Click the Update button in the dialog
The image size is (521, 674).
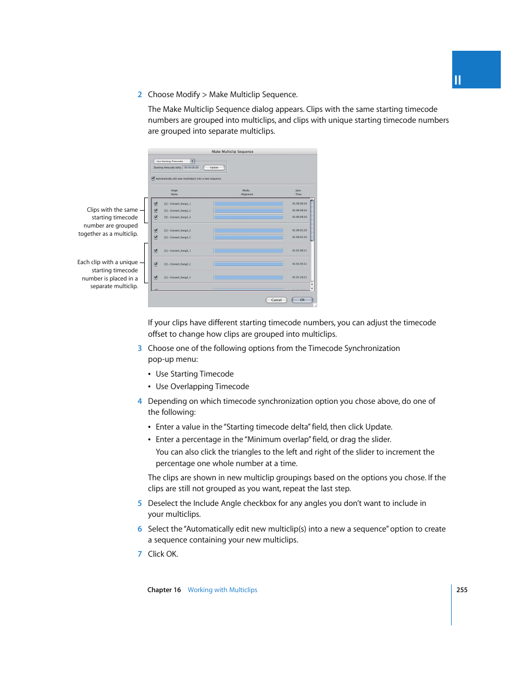pos(214,168)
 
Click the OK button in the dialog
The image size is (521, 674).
pos(302,300)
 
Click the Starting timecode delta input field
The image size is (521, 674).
pos(192,168)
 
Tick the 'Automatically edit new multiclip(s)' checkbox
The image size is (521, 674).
pos(153,178)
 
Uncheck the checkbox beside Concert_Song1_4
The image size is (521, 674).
pos(156,217)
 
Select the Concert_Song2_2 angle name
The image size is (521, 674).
pos(177,264)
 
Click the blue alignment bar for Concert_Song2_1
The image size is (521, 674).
pos(248,251)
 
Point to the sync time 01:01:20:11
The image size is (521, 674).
pos(299,277)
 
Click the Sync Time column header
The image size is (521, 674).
pos(298,192)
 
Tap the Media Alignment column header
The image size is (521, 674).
pos(247,192)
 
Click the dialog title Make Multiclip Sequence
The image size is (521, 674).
pos(233,152)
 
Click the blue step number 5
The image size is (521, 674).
pos(140,503)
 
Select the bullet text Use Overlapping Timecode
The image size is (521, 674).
pos(202,386)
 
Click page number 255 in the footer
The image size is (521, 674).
pos(462,590)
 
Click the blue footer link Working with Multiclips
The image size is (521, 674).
pos(222,590)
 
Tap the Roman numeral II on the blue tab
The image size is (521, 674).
pos(458,80)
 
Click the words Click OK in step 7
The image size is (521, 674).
pos(163,554)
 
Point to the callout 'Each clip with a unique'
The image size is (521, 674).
pos(108,263)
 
